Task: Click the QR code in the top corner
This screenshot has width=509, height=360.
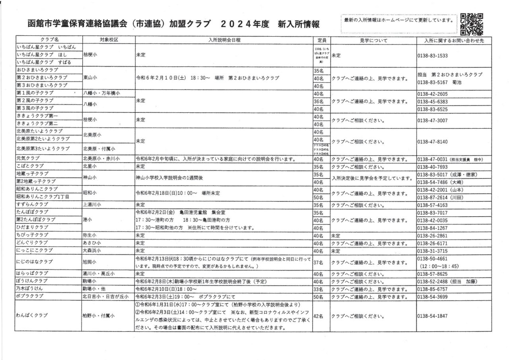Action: [472, 24]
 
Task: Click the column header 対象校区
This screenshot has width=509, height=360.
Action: [108, 40]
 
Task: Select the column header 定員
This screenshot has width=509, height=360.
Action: [322, 40]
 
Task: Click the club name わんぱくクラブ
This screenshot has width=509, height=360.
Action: [32, 315]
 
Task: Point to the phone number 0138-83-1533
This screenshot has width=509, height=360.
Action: [433, 56]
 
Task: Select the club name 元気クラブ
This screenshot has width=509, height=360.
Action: [27, 159]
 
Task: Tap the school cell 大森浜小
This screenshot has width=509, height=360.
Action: [92, 251]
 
